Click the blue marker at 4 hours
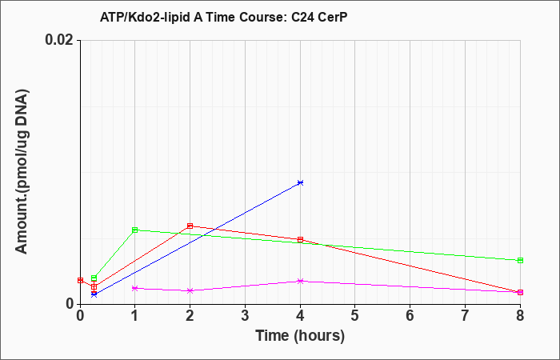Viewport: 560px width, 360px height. pyautogui.click(x=300, y=182)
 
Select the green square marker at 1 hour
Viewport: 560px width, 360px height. pyautogui.click(x=134, y=230)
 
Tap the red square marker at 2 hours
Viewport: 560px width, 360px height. pyautogui.click(x=190, y=226)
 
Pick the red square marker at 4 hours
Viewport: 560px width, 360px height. pyautogui.click(x=300, y=239)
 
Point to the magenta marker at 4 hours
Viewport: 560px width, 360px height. pyautogui.click(x=300, y=281)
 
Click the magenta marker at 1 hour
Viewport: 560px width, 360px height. pyautogui.click(x=134, y=288)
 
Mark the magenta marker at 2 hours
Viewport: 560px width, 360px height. pyautogui.click(x=190, y=290)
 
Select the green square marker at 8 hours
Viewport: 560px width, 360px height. pyautogui.click(x=520, y=260)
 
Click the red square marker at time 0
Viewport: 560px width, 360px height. pyautogui.click(x=80, y=280)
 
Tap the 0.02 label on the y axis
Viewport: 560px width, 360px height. pyautogui.click(x=59, y=40)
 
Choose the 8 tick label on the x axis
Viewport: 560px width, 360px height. pyautogui.click(x=520, y=316)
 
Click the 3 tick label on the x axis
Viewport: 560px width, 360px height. pyautogui.click(x=245, y=316)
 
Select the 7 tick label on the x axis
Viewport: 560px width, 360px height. pyautogui.click(x=465, y=316)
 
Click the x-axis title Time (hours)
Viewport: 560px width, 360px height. pyautogui.click(x=300, y=336)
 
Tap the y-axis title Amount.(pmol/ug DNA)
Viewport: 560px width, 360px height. pyautogui.click(x=22, y=171)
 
